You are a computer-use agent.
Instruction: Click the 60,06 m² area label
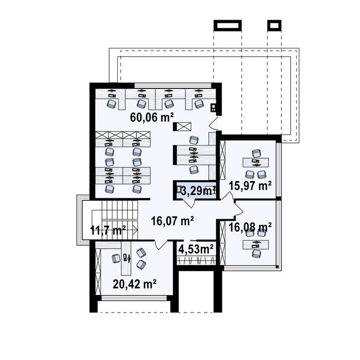point(152,118)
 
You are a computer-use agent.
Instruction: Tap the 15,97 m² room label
point(250,185)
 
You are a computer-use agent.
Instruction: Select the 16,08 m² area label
point(250,227)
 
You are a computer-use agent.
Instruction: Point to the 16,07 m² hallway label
point(172,221)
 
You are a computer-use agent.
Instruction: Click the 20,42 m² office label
point(135,284)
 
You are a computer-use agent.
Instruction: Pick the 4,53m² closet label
point(196,249)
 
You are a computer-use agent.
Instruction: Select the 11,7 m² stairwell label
point(108,230)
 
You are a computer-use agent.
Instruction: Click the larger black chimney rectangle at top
point(228,25)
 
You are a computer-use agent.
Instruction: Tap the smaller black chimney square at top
point(274,25)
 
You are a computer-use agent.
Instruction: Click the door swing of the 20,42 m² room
point(161,245)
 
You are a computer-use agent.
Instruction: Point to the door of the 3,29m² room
point(189,203)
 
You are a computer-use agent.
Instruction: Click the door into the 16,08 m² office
point(239,208)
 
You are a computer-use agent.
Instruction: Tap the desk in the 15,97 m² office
point(256,163)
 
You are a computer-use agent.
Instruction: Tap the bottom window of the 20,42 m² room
point(134,298)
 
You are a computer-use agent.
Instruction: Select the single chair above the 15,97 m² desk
point(256,153)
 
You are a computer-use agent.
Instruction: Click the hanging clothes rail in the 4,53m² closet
point(196,261)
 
